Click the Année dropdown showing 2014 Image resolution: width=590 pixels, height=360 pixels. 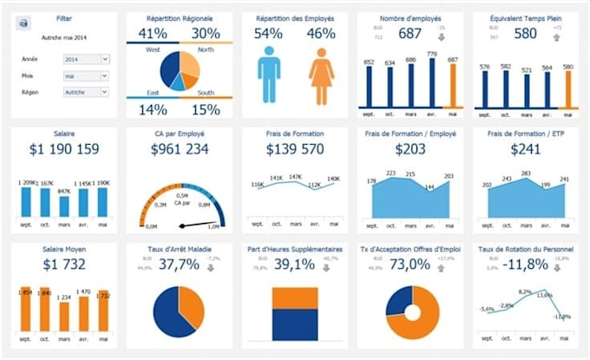click(x=87, y=59)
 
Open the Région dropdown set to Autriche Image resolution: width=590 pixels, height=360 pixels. click(x=87, y=91)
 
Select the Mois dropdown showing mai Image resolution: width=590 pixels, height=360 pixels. click(x=87, y=75)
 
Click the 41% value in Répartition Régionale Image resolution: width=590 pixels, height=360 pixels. click(x=153, y=34)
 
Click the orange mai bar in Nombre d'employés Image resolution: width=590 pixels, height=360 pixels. click(x=450, y=86)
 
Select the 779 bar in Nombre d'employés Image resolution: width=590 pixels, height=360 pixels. click(x=433, y=82)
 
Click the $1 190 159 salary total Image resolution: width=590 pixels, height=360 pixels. click(x=63, y=149)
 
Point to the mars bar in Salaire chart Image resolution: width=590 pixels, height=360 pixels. click(x=64, y=206)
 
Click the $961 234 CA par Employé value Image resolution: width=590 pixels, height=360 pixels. click(x=180, y=149)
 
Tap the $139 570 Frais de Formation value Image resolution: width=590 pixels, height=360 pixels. click(x=295, y=149)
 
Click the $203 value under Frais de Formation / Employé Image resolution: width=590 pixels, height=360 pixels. click(x=410, y=149)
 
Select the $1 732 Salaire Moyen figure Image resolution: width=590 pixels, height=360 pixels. click(x=63, y=265)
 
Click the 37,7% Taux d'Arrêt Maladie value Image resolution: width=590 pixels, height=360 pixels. click(x=179, y=265)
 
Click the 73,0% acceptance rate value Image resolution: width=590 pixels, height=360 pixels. click(x=410, y=265)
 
